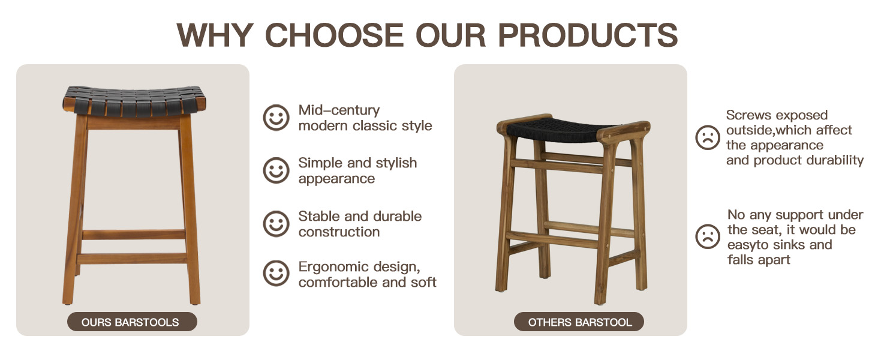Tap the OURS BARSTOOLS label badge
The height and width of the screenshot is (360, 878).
[131, 322]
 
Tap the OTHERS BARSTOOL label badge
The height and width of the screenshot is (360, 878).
[579, 322]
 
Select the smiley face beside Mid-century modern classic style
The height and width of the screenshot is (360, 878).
[276, 118]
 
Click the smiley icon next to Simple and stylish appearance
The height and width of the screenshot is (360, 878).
[276, 170]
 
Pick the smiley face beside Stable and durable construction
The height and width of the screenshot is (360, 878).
[276, 224]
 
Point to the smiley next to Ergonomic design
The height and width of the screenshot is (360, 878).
[276, 274]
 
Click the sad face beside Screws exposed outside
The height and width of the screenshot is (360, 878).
[708, 137]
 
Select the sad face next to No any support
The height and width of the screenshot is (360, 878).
[708, 236]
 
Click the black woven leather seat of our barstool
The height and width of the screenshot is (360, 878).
[134, 101]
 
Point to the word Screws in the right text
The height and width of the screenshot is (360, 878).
[749, 115]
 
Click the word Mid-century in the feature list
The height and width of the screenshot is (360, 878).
[339, 110]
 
